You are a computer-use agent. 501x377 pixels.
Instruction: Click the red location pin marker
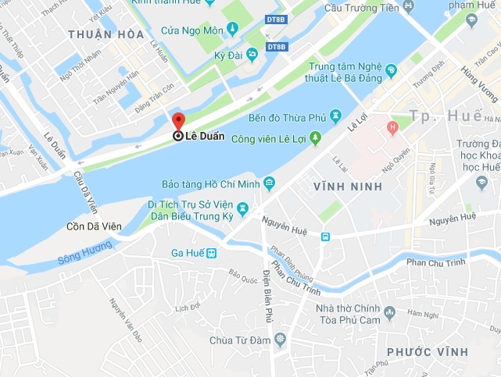click(x=178, y=122)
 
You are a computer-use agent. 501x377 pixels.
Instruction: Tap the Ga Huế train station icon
click(x=210, y=253)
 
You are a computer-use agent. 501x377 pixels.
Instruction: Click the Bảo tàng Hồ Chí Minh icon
click(x=270, y=183)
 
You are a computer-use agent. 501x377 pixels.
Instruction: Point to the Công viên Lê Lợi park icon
click(x=315, y=138)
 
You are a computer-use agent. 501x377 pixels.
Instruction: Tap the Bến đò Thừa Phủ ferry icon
click(x=336, y=116)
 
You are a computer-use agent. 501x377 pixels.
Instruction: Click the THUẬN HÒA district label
click(x=106, y=34)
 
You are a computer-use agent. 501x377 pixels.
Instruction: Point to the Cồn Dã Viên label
click(x=94, y=226)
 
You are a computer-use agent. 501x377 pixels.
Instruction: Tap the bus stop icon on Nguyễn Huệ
click(x=326, y=237)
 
